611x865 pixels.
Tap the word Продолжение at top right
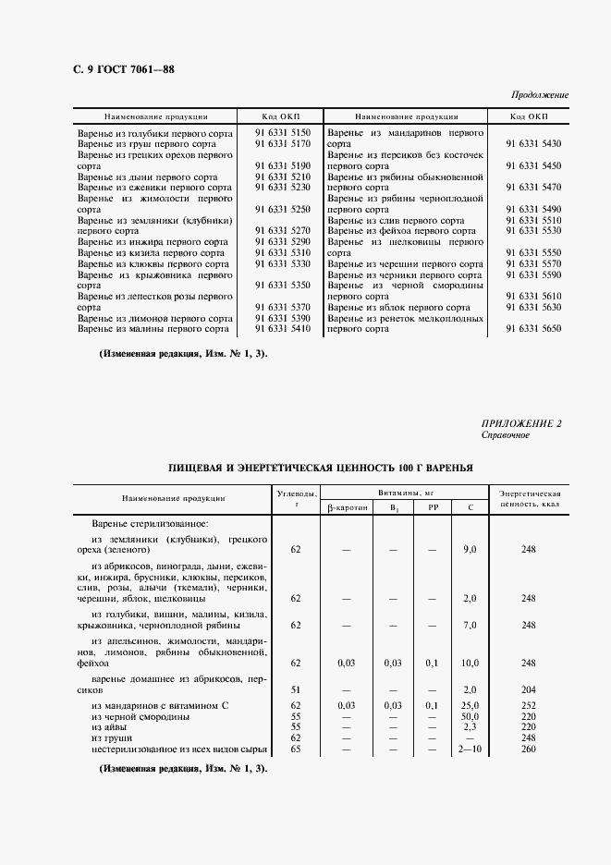pos(540,95)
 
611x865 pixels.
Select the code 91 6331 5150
pos(282,133)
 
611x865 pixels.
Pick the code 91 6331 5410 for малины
pos(282,328)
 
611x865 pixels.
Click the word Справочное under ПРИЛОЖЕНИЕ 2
pos(506,434)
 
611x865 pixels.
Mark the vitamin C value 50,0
pos(470,716)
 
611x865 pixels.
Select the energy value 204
pos(529,689)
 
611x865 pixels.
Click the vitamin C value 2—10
pos(470,749)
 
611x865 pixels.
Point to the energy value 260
pos(529,749)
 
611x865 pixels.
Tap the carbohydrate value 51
pos(296,689)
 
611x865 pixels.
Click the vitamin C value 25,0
pos(470,705)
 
